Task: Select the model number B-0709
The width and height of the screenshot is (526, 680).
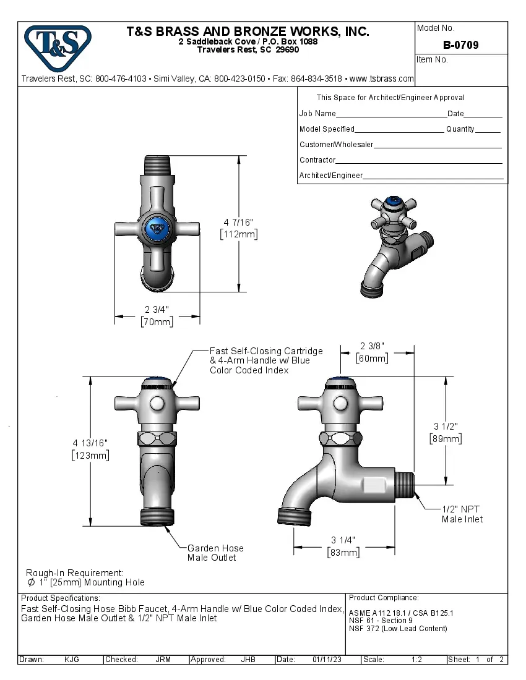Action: click(460, 45)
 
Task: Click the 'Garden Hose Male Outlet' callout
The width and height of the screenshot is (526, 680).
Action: click(215, 553)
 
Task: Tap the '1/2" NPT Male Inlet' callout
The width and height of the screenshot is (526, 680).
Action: click(462, 514)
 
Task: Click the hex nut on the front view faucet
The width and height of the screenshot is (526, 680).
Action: click(157, 440)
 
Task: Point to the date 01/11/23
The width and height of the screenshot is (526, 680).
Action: click(327, 660)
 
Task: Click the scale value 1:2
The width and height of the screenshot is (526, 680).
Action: click(416, 660)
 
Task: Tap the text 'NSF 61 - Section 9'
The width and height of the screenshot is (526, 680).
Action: click(381, 621)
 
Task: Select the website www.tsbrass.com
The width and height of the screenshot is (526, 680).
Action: click(381, 79)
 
